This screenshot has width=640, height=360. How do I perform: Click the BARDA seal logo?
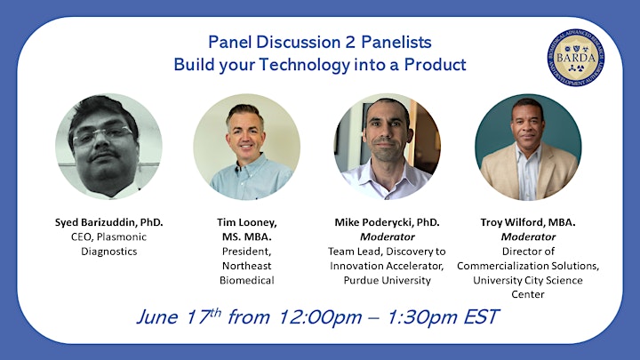pyautogui.click(x=575, y=58)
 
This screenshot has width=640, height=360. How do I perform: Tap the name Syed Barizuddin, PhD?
pyautogui.click(x=109, y=222)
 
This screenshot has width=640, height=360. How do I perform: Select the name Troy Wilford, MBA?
pyautogui.click(x=528, y=222)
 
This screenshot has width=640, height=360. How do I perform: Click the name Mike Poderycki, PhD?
pyautogui.click(x=387, y=222)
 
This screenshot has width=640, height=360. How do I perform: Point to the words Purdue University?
pyautogui.click(x=387, y=280)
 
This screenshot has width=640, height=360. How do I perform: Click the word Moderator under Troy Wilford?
pyautogui.click(x=528, y=236)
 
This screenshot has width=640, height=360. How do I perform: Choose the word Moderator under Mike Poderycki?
pyautogui.click(x=388, y=236)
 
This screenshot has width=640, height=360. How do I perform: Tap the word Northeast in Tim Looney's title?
pyautogui.click(x=246, y=266)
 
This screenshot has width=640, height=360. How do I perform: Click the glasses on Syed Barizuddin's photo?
pyautogui.click(x=103, y=136)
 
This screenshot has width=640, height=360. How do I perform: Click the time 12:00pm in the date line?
pyautogui.click(x=320, y=317)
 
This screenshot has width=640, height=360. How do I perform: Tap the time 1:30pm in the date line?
pyautogui.click(x=421, y=317)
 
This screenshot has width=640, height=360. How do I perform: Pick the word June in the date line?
pyautogui.click(x=157, y=317)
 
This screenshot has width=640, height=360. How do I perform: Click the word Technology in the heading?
pyautogui.click(x=305, y=65)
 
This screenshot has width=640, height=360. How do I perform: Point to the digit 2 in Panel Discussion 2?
pyautogui.click(x=350, y=42)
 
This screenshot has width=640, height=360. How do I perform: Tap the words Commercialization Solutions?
pyautogui.click(x=528, y=266)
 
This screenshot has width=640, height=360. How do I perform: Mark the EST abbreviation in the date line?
pyautogui.click(x=481, y=316)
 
